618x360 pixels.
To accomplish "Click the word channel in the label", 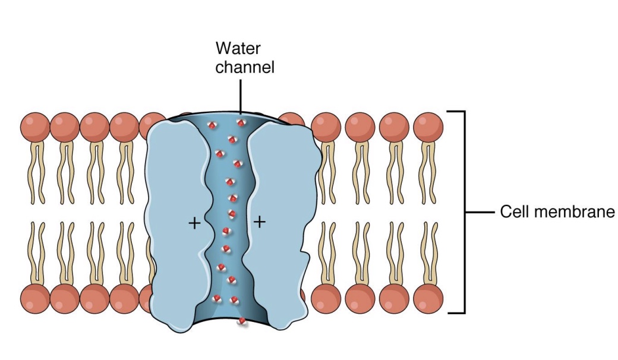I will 245,67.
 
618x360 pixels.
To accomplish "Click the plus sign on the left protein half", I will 193,223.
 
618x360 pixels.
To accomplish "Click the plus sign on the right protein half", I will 259,222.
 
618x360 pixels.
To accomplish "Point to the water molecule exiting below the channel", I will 242,322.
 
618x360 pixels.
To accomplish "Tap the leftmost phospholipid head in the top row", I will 35,127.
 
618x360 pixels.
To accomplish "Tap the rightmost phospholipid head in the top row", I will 428,127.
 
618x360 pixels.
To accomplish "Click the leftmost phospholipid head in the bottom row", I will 35,298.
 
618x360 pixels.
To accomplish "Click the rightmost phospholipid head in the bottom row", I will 428,298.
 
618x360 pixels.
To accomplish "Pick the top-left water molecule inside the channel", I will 210,125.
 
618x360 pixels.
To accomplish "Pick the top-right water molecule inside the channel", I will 240,123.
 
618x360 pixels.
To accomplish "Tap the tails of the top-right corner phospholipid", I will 428,172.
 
